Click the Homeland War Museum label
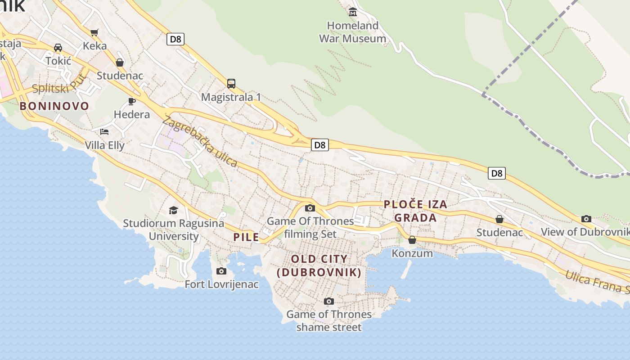point(352,32)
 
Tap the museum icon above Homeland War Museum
point(353,12)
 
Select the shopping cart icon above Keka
point(94,32)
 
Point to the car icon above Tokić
point(58,47)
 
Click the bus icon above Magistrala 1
point(231,83)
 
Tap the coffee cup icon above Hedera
point(132,101)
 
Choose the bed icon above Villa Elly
point(104,132)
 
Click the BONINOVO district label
point(54,106)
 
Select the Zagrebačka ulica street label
point(200,141)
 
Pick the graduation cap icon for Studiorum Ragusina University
point(173,210)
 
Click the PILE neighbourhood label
point(246,237)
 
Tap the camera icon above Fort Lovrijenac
point(221,271)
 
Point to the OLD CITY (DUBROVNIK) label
point(319,265)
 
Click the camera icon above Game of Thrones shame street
point(329,301)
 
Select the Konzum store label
point(412,253)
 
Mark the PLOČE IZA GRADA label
point(415,211)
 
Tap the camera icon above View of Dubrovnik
point(586,219)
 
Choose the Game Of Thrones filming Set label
point(310,227)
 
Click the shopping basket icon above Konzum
point(412,240)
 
